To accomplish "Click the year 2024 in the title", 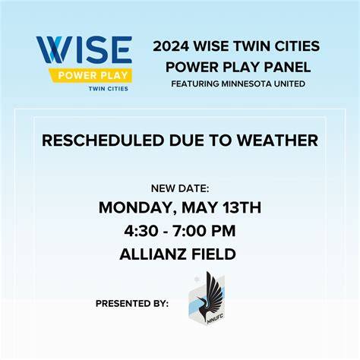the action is [x=171, y=46].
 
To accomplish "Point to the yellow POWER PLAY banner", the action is [x=92, y=75].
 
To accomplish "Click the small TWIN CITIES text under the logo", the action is [x=108, y=89].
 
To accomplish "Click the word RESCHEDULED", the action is [x=103, y=141].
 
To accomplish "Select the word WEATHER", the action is [x=277, y=141].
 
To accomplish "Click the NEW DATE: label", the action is [x=180, y=188].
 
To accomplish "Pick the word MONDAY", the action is [x=137, y=208].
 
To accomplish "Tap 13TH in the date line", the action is [x=242, y=207].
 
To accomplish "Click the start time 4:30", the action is [x=141, y=231].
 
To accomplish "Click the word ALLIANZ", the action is [x=153, y=254].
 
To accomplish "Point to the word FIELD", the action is [x=213, y=254].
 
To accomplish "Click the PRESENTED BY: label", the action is [x=132, y=303].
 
